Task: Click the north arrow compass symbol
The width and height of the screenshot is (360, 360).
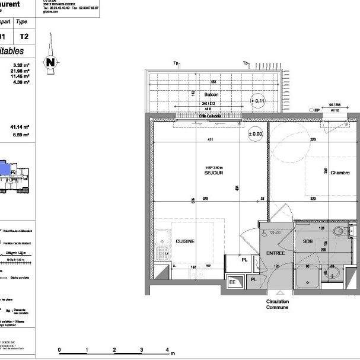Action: pyautogui.click(x=52, y=59)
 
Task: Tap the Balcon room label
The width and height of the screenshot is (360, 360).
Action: pyautogui.click(x=211, y=95)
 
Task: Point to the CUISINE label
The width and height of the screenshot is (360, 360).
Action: pyautogui.click(x=185, y=241)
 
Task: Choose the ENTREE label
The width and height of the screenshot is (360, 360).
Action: pyautogui.click(x=276, y=253)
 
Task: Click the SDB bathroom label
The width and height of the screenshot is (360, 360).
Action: pyautogui.click(x=308, y=241)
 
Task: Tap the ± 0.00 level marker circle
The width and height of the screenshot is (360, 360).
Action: pyautogui.click(x=256, y=134)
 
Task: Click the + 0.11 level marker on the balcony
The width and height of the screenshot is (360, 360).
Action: pyautogui.click(x=259, y=101)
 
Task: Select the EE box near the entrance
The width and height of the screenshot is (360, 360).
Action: pyautogui.click(x=232, y=282)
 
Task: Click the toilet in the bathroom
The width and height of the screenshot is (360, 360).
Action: pyautogui.click(x=340, y=232)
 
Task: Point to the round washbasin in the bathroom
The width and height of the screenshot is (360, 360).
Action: pyautogui.click(x=331, y=273)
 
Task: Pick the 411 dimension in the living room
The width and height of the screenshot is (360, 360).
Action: pyautogui.click(x=209, y=140)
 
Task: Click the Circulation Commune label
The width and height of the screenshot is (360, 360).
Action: pyautogui.click(x=278, y=305)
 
